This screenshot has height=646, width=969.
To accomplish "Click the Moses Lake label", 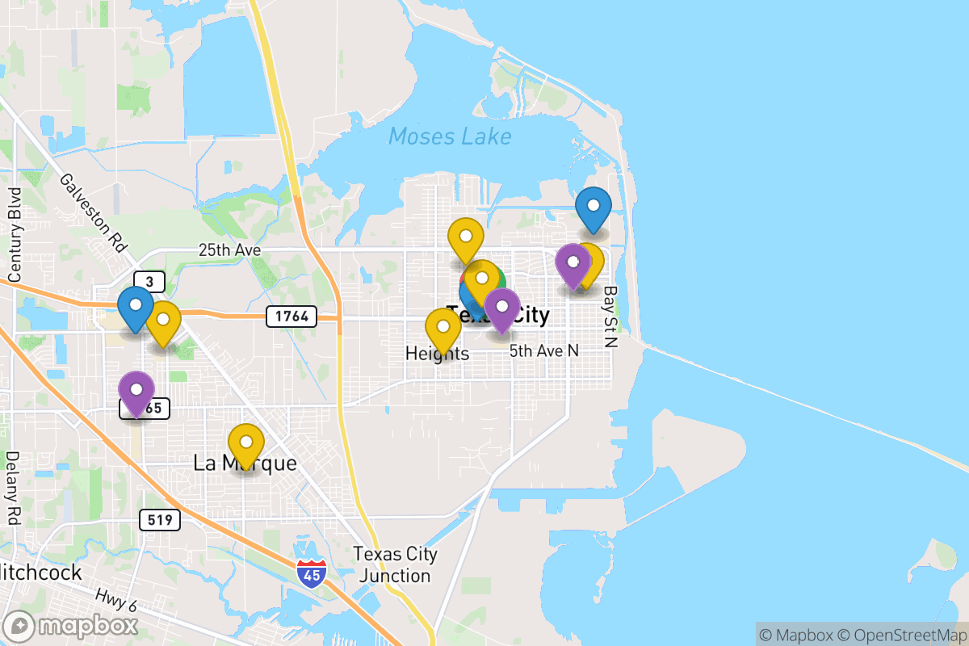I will tap(450, 136).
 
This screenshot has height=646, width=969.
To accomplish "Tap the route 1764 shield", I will tap(291, 316).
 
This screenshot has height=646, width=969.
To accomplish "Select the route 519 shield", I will tap(160, 519).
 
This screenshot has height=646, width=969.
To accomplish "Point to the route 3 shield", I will tap(149, 282).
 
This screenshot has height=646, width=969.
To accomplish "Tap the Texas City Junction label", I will tap(395, 565).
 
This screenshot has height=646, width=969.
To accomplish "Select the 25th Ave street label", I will tap(229, 251).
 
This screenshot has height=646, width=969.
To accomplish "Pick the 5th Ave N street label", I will tap(544, 351).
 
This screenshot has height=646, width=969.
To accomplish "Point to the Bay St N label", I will tap(610, 316).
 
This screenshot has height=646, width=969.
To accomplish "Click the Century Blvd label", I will tap(14, 235).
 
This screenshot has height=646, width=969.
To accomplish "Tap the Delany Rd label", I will tap(12, 489).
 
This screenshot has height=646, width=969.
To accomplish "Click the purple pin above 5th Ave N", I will tap(502, 307).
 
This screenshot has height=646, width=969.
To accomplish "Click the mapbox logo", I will tap(71, 626).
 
